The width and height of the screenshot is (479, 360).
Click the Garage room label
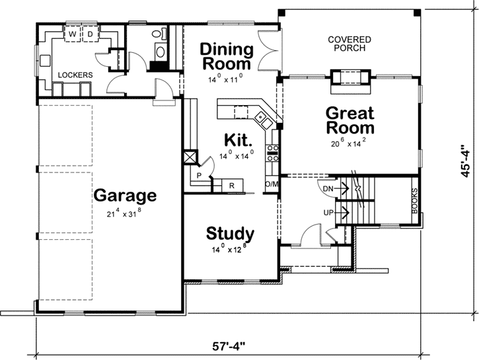[125, 196]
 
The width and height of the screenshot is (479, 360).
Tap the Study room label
[230, 233]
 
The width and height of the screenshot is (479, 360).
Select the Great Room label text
[350, 120]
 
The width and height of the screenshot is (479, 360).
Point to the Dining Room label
[227, 57]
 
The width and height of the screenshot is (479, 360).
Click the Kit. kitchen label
[239, 139]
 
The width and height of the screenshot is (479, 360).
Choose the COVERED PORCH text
[350, 44]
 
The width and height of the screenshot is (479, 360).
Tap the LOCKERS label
[75, 75]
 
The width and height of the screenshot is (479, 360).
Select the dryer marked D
[90, 32]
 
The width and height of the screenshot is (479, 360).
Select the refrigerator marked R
[232, 186]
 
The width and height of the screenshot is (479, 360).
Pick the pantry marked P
[198, 176]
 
